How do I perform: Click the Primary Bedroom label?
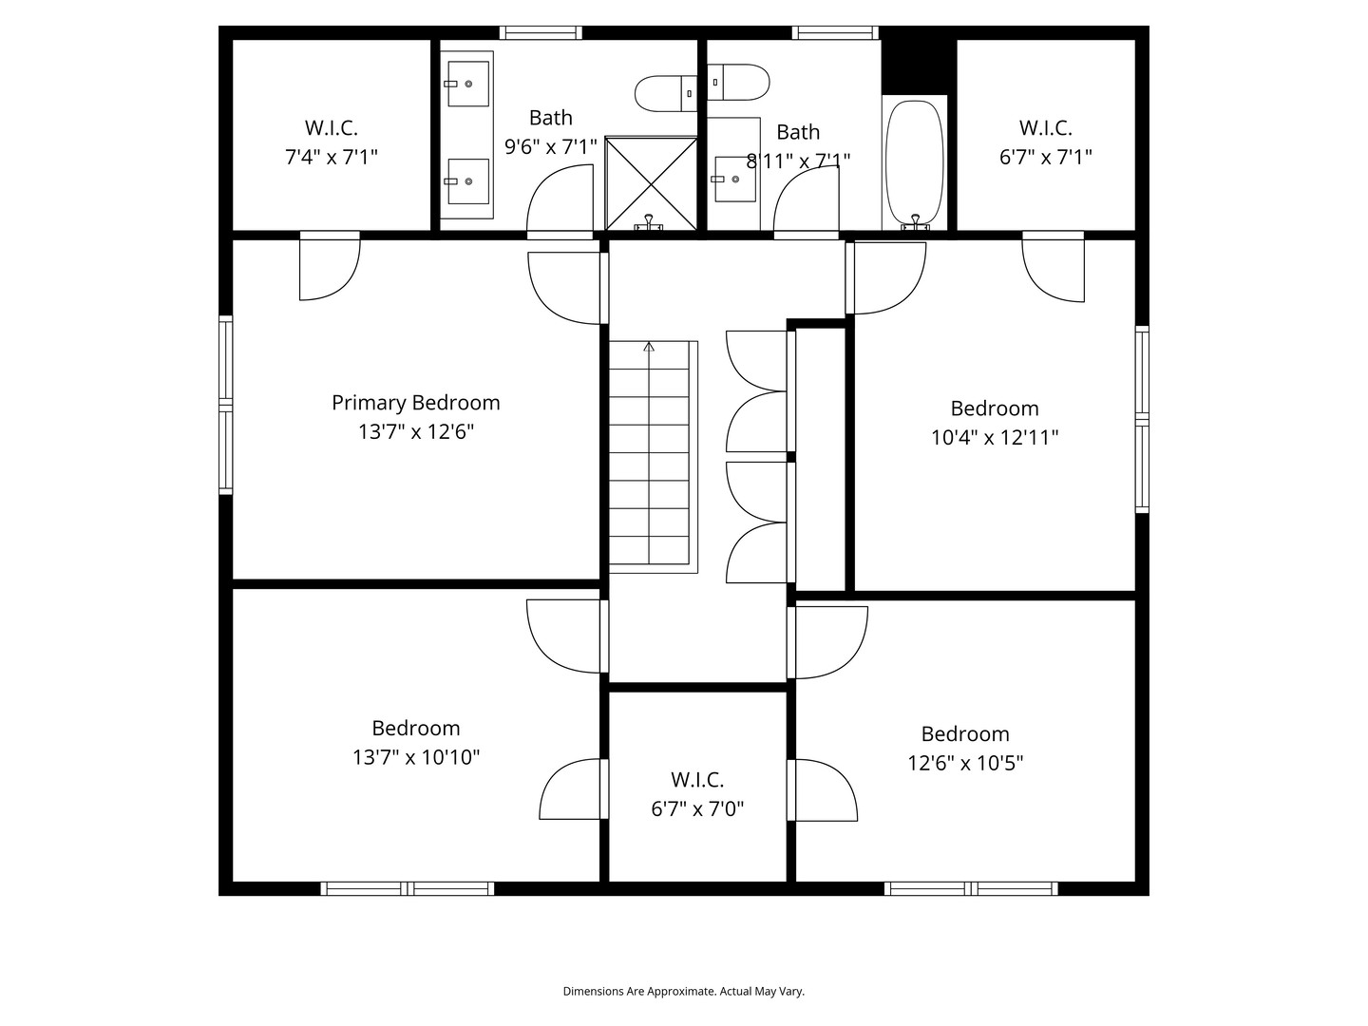(x=415, y=403)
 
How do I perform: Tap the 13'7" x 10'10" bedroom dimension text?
(x=415, y=758)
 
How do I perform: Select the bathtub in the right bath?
(x=914, y=161)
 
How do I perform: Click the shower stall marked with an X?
(x=651, y=182)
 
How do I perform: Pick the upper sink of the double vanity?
(x=466, y=84)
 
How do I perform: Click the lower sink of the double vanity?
(x=466, y=180)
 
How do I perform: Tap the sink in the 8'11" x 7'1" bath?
(x=733, y=179)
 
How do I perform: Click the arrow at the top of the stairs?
(x=649, y=348)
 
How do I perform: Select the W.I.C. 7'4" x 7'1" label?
(x=331, y=142)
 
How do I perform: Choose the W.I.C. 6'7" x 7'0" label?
(x=697, y=794)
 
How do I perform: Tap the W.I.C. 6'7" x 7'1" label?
(x=1045, y=142)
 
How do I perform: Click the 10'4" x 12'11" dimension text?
(x=995, y=438)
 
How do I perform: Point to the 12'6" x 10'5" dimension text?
(x=965, y=763)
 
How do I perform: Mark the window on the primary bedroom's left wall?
(x=225, y=405)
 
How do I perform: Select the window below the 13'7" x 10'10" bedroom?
(x=407, y=889)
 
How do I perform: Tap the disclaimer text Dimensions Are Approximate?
(x=683, y=991)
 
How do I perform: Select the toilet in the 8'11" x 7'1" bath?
(x=739, y=82)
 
